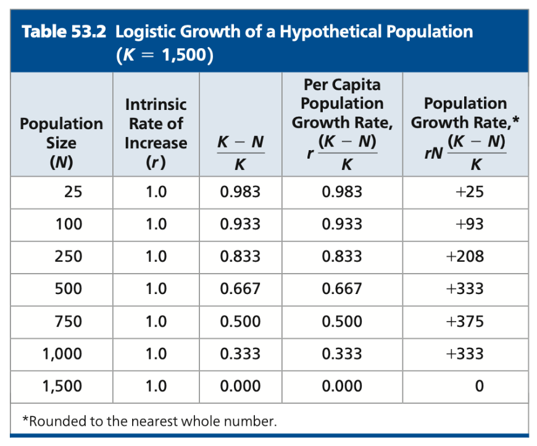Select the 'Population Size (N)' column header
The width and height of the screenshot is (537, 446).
click(61, 143)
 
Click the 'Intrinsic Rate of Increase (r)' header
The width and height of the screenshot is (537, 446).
click(156, 133)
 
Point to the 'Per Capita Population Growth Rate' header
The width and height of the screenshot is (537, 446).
click(341, 104)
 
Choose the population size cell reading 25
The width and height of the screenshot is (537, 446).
click(72, 192)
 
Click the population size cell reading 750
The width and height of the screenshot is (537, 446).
click(68, 322)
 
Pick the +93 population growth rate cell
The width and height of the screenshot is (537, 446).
click(468, 224)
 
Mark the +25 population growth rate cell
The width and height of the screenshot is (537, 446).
click(468, 192)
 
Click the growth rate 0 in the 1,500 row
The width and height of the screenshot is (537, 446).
click(478, 387)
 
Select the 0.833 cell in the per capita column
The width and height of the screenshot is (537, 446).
click(341, 257)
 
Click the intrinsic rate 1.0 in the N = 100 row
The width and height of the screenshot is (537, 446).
click(156, 224)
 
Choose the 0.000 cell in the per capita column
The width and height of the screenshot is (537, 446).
click(341, 387)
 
